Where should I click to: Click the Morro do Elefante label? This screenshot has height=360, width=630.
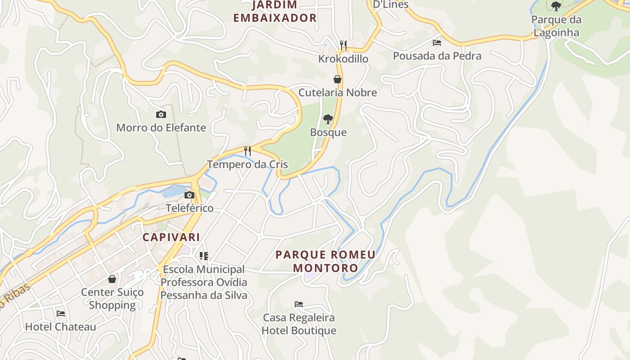[161, 128]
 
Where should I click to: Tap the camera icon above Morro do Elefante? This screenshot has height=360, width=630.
[161, 115]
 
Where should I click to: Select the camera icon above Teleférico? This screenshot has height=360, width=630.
[189, 195]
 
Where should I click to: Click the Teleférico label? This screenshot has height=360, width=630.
[189, 208]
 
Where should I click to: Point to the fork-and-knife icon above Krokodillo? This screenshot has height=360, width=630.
[343, 45]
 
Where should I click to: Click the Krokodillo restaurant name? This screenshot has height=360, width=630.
[343, 59]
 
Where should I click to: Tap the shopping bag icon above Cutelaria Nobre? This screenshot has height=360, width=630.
[337, 80]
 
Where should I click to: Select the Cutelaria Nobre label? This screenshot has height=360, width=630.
[337, 93]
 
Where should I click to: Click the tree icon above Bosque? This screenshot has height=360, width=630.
[328, 119]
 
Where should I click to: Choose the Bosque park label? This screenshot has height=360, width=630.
[328, 132]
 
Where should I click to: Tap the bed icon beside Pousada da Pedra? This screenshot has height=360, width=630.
[437, 43]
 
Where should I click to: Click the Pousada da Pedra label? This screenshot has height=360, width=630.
[437, 56]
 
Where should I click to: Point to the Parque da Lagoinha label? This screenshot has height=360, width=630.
[556, 26]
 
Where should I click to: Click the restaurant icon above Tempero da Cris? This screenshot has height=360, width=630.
[247, 151]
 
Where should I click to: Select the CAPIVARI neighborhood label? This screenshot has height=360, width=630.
[171, 237]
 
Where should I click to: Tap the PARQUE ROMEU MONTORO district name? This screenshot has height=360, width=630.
[325, 261]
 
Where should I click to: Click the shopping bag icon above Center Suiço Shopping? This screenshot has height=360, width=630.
[112, 279]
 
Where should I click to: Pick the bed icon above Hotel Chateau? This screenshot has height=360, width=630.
[61, 314]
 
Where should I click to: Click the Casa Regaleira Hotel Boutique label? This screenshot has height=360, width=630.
[299, 324]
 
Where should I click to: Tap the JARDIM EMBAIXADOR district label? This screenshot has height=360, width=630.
[275, 12]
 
